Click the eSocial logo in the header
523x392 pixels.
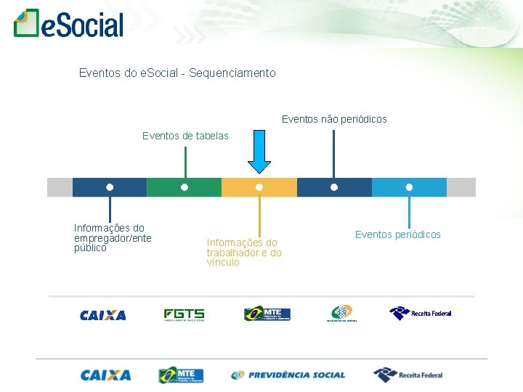click(69, 23)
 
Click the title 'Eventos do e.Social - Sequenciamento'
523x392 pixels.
click(177, 73)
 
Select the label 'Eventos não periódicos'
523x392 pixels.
click(334, 119)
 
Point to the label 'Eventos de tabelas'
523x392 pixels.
click(185, 136)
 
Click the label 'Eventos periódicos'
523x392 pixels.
click(397, 234)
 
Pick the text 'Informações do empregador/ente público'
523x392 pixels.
click(112, 238)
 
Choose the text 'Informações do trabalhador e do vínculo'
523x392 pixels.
click(244, 253)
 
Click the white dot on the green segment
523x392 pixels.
click(185, 187)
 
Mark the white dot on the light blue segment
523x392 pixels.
click(409, 187)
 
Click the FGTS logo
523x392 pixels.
click(184, 315)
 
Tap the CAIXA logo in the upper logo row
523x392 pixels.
click(102, 315)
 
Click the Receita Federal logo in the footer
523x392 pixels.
click(408, 375)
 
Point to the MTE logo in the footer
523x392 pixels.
click(181, 375)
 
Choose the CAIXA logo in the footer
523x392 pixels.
click(105, 375)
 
